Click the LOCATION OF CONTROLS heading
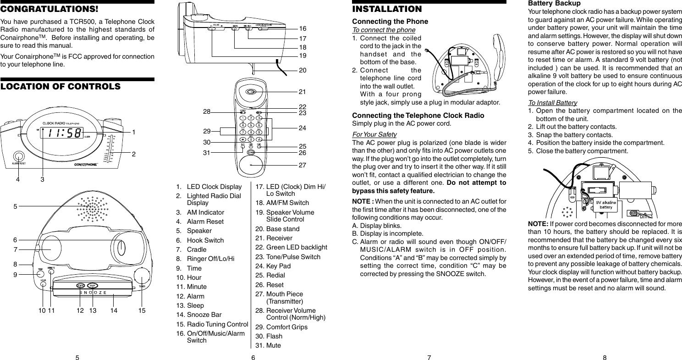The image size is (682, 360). pos(60,87)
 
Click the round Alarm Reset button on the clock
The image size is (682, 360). pos(18,156)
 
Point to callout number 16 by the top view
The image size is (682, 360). pos(302,29)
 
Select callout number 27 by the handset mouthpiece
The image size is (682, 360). pos(302,164)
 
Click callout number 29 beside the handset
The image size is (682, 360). pos(207,131)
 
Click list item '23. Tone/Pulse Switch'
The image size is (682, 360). pos(287,257)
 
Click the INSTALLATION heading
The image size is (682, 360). pos(387,9)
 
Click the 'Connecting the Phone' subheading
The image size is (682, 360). pos(390,22)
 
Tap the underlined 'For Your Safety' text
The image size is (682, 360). pos(374,134)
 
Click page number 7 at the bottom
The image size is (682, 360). pos(429,358)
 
